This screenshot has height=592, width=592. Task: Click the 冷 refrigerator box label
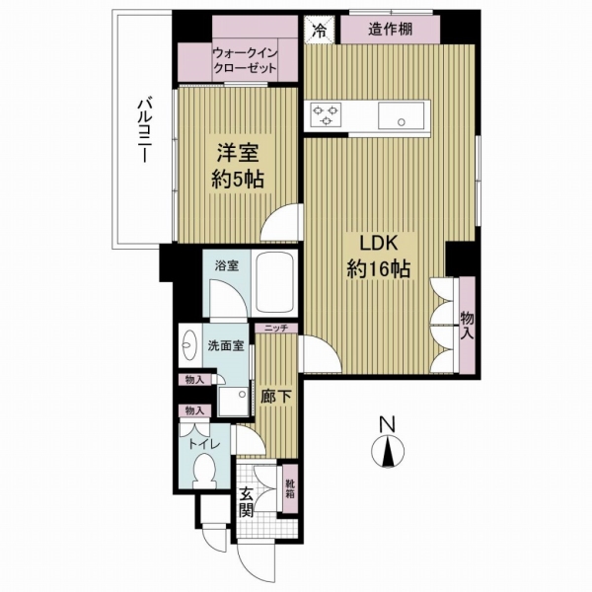tap(319, 30)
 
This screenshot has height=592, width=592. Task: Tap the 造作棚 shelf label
tap(390, 30)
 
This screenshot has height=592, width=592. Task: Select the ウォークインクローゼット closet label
tap(243, 63)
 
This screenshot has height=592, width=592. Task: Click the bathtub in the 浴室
tap(279, 285)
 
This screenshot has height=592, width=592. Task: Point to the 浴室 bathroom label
tap(228, 264)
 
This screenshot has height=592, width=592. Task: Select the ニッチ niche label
tap(274, 329)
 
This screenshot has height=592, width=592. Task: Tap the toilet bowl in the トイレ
tap(204, 477)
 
